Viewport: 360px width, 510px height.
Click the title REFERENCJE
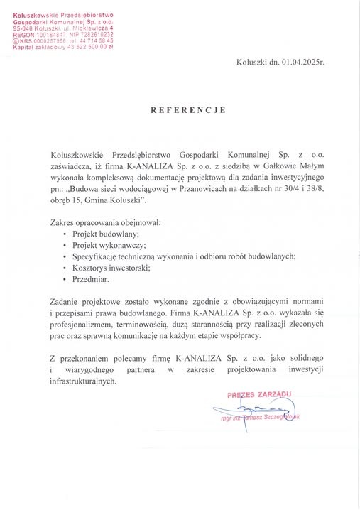point(187,110)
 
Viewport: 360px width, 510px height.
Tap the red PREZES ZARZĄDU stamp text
point(259,394)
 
